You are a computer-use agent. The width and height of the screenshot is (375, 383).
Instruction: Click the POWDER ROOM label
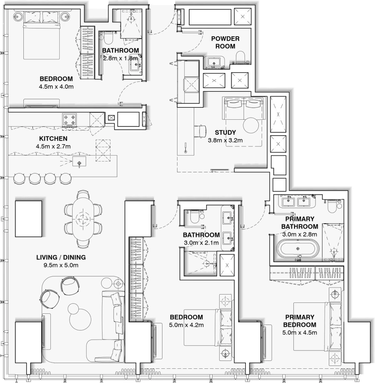(x=225, y=42)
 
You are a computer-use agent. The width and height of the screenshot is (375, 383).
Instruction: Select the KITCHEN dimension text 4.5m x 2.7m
(x=53, y=146)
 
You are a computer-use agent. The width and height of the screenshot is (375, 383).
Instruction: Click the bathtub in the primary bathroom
(x=299, y=249)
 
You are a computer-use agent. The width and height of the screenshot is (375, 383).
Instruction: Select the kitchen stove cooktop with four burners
(x=70, y=120)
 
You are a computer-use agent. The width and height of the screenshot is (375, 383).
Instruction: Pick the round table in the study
(x=251, y=125)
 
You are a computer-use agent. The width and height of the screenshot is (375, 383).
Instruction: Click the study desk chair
(x=201, y=131)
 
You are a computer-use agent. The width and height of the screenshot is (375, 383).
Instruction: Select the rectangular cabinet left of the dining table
(x=29, y=218)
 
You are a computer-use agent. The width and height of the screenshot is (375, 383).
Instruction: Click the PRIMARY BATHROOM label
(x=300, y=222)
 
